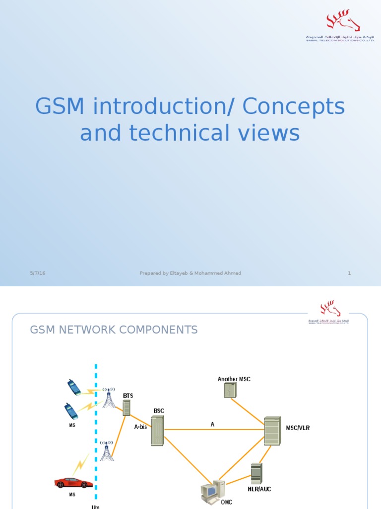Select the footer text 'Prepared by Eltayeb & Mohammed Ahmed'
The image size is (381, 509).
[x=190, y=273]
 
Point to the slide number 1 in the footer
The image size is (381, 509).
[x=349, y=273]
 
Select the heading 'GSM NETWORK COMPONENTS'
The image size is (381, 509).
[x=114, y=330]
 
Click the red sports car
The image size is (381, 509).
[x=73, y=482]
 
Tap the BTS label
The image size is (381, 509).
[x=128, y=396]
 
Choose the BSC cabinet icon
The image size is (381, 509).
[x=157, y=430]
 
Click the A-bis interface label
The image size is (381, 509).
[x=140, y=427]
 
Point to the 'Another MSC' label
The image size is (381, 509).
[x=234, y=379]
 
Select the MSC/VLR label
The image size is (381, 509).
[x=298, y=428]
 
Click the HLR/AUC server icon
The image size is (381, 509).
[x=256, y=473]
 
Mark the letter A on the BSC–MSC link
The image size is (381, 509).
[x=212, y=424]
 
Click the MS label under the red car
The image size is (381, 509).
[x=72, y=495]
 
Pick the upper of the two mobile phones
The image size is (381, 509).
[x=74, y=387]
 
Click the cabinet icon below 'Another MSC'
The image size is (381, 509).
[x=230, y=390]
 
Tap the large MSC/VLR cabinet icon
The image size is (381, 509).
[x=272, y=431]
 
